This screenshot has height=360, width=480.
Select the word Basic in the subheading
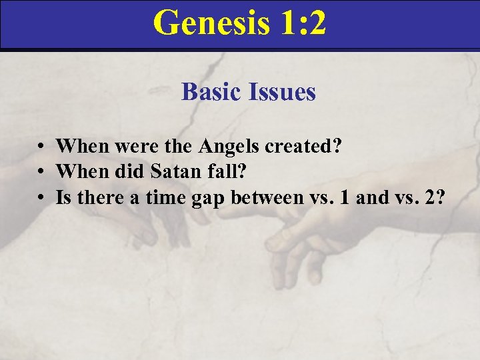211,92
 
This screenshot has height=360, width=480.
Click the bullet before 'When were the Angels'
41,147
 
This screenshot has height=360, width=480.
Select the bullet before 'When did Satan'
41,173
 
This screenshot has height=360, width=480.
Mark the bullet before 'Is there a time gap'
41,199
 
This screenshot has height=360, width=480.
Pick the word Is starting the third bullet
64,198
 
